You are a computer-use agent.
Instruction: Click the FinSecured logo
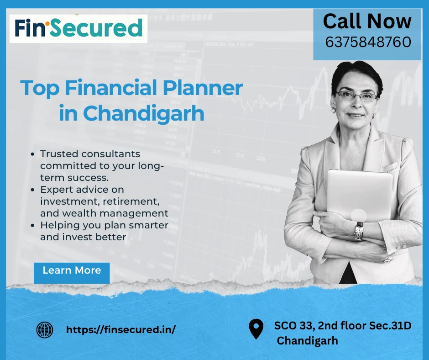pos(78,28)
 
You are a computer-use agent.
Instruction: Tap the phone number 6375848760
pos(368,42)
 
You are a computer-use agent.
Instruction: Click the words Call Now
pos(367,21)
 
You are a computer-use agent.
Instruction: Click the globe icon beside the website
pos(44,329)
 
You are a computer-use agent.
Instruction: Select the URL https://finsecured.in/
pos(121,329)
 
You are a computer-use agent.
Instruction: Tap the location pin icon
pos(256,329)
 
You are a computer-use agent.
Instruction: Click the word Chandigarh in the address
pos(308,340)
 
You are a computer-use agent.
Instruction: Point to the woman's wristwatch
pos(358,231)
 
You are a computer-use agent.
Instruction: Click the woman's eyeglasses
pos(356,96)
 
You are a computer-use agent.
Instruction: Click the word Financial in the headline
pos(116,88)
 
